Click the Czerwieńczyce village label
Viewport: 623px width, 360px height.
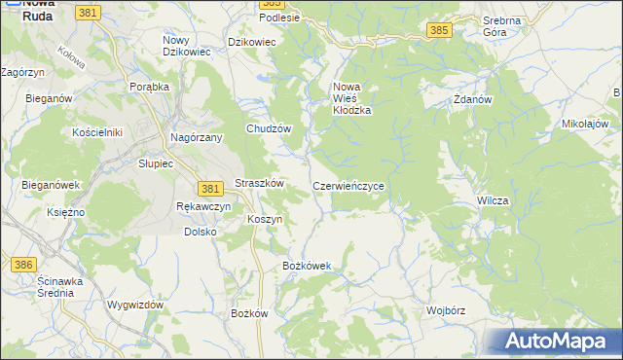(x=354, y=185)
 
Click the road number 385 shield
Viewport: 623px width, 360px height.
(x=438, y=31)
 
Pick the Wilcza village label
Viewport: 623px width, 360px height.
(x=493, y=200)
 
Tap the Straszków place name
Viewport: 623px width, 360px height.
(x=259, y=183)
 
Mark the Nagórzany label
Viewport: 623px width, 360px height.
(x=197, y=138)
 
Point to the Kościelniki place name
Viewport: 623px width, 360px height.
(x=95, y=131)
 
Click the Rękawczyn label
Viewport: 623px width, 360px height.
(x=203, y=207)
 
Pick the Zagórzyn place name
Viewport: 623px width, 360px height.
(x=24, y=72)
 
